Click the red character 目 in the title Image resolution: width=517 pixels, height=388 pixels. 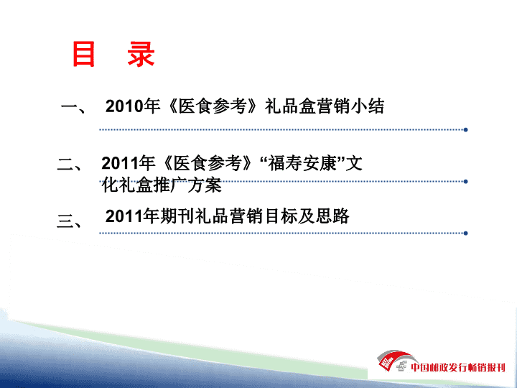click(84, 54)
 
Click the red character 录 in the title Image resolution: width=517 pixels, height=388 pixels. click(141, 54)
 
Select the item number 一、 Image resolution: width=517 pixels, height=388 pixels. click(73, 107)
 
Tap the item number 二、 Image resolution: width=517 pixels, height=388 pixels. click(70, 165)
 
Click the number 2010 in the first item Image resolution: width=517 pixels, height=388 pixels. click(124, 106)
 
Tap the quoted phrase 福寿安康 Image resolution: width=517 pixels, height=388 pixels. click(302, 163)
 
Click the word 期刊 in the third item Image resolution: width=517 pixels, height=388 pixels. click(177, 216)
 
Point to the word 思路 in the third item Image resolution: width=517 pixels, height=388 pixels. click(332, 216)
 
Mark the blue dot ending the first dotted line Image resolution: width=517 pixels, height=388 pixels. click(465, 130)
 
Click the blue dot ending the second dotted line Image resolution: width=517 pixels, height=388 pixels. click(465, 182)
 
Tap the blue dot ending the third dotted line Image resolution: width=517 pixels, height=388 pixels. click(465, 234)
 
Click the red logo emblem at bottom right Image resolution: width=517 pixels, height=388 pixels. click(393, 361)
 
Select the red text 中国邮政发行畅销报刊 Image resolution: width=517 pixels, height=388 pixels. click(458, 367)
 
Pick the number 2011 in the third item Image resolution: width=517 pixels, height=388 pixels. click(124, 216)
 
